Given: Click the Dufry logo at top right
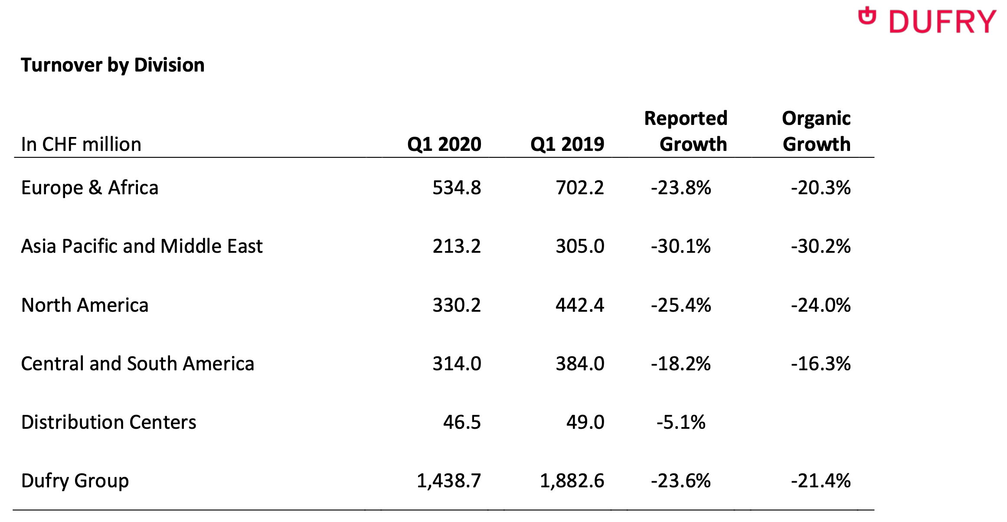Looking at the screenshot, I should pos(927,21).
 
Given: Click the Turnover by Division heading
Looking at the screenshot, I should pos(113,65).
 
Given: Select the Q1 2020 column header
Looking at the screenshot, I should pos(444,144).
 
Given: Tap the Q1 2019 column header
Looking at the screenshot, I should pos(567,144).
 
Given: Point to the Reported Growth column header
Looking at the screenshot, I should pos(686,131).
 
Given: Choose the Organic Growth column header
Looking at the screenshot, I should pos(816,131).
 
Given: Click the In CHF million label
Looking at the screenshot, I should pos(81,144).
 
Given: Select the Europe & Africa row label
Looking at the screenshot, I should pos(90,188).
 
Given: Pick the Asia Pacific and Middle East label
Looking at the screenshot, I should pos(142,246).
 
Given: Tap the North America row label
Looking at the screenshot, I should pos(85,305).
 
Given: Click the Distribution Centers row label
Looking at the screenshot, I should pos(108,422).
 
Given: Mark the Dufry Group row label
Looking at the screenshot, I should pos(75,481).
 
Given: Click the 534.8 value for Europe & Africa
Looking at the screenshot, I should pos(457,188).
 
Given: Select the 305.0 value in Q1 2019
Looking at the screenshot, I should pos(580,246).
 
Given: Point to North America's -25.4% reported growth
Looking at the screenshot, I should pos(681,305).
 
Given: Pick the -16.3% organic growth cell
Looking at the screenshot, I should pos(821,364).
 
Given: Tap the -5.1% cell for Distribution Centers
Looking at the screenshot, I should pos(681,422).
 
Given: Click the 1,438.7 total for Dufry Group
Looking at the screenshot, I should pos(449,481).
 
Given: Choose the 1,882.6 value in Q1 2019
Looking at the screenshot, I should pos(572,481).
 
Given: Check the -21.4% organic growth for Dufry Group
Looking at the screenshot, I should pos(821,481).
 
